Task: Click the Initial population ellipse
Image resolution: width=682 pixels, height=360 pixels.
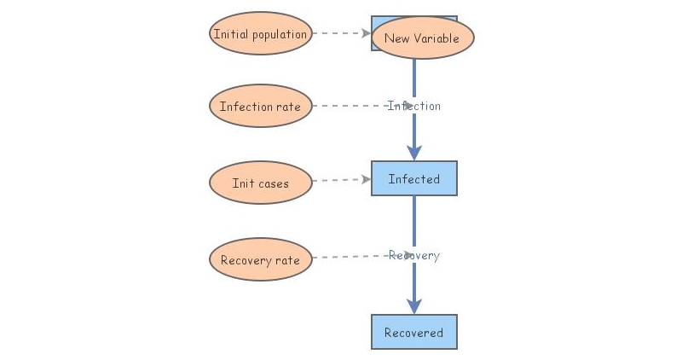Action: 260,34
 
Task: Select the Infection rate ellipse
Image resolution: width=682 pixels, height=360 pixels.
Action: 260,107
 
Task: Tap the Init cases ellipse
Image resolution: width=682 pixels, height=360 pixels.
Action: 260,183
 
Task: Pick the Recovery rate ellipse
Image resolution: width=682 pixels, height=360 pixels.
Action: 260,260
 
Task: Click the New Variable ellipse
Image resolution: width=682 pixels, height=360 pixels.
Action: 422,38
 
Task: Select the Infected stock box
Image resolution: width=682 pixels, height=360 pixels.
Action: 414,179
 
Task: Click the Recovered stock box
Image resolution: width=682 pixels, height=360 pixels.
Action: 414,332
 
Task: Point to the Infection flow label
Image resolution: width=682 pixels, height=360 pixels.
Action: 414,106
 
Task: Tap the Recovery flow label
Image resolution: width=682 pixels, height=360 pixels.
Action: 414,255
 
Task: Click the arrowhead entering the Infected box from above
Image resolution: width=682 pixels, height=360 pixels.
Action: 414,153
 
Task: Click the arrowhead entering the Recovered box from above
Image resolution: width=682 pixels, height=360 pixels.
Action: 414,306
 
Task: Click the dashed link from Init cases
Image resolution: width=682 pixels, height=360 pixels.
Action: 337,181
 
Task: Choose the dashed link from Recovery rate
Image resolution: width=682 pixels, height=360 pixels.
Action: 350,257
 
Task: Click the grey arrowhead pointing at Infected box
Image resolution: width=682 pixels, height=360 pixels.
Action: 366,180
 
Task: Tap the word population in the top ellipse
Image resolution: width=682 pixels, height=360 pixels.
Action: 279,34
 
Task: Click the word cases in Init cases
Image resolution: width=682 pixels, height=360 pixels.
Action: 274,183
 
